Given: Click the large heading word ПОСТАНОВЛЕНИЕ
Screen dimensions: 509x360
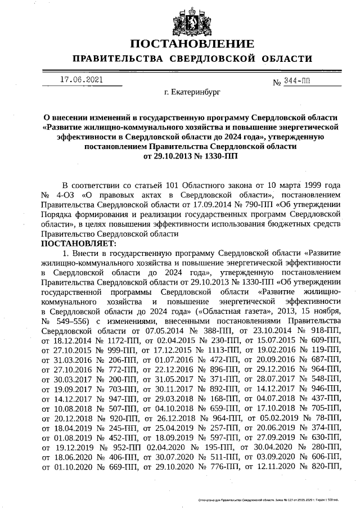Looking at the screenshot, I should (x=192, y=44).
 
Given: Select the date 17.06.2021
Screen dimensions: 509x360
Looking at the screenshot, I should (x=81, y=80).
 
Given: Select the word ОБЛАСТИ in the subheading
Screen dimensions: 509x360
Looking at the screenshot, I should (x=283, y=60).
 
